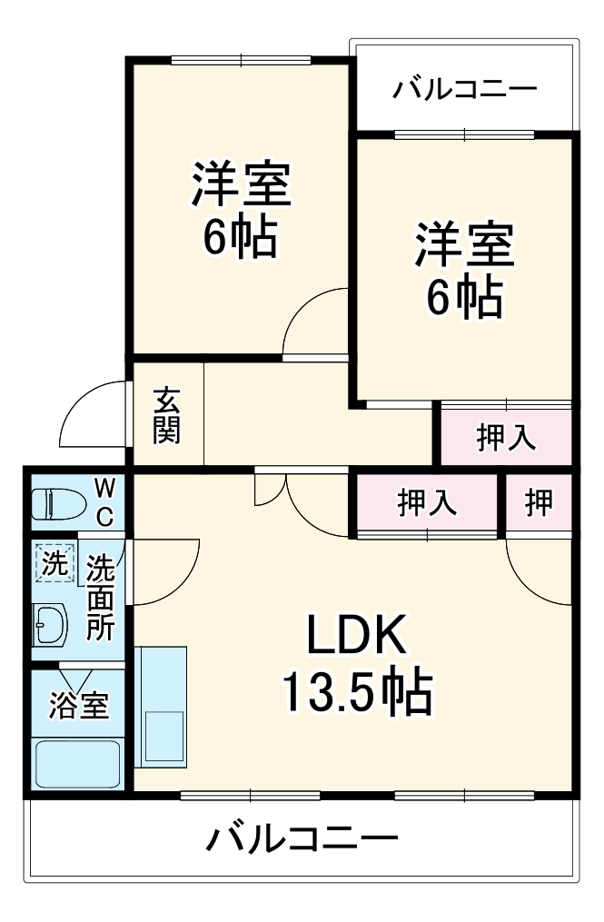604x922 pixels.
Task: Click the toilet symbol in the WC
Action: coord(56,502)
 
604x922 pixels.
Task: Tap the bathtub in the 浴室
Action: coord(77,763)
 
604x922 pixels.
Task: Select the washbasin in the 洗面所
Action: coord(50,624)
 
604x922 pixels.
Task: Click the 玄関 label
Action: coord(166,416)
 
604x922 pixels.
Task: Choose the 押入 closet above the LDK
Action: coord(426,502)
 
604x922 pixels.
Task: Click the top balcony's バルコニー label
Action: coord(465,90)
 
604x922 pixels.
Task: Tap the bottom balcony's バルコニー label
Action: coord(302,838)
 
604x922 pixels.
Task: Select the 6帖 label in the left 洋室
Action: coord(240,239)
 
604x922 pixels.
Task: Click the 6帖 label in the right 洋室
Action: coord(465,295)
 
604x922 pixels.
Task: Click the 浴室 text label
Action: coord(78,706)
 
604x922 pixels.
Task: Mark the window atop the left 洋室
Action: coord(240,61)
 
